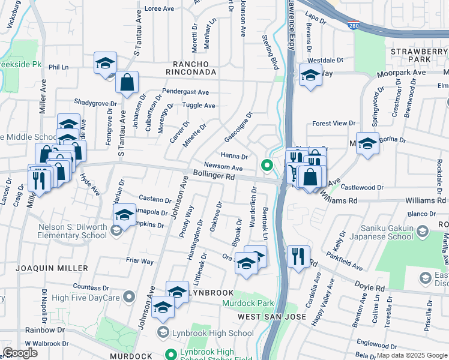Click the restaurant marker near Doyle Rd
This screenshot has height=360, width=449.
click(298, 256)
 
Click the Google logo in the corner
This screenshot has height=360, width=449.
click(20, 353)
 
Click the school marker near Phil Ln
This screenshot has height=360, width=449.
click(105, 63)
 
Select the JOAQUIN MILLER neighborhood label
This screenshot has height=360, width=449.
click(52, 268)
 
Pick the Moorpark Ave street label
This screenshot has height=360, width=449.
click(401, 73)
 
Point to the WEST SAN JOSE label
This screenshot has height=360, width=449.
click(272, 316)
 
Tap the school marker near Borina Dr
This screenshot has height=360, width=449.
click(367, 143)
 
